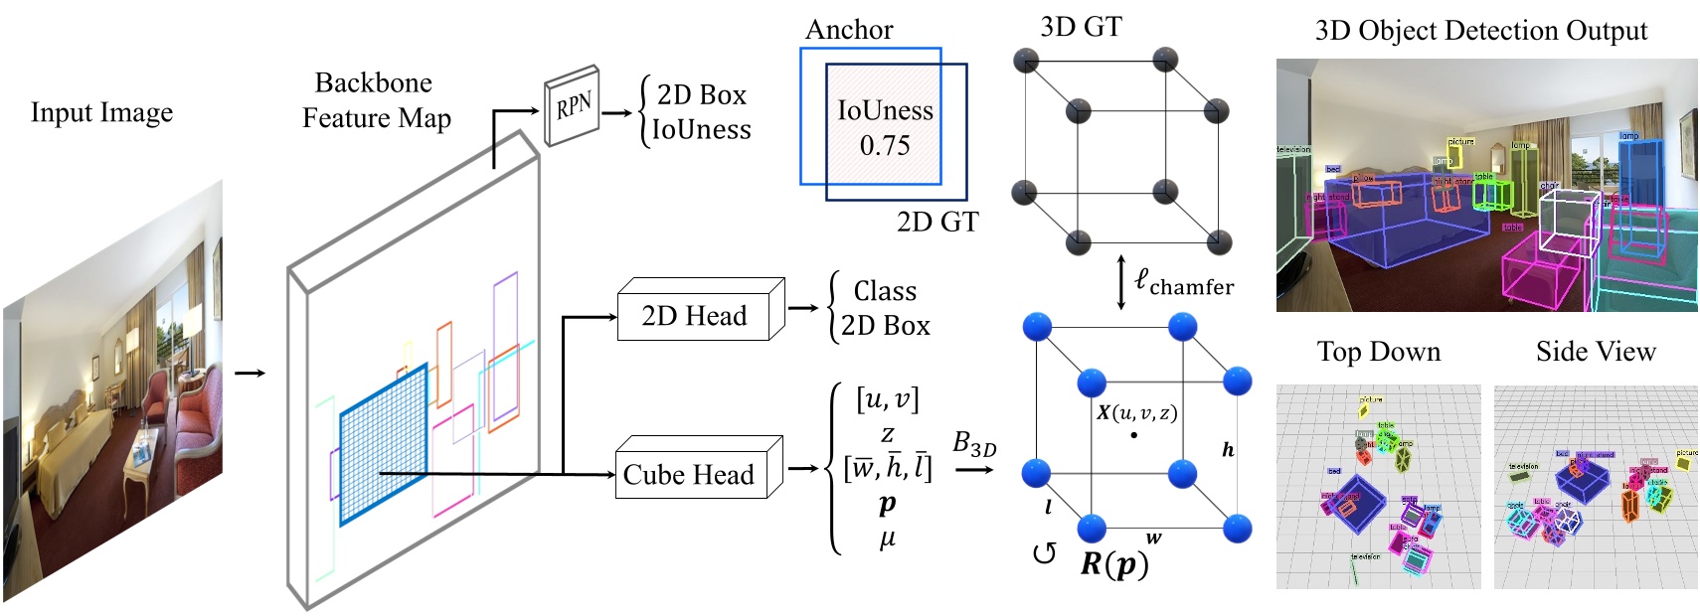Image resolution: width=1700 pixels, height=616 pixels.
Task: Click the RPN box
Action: click(x=573, y=106)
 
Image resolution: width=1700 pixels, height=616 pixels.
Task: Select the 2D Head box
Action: click(x=694, y=316)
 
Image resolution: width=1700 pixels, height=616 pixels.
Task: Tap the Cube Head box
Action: click(x=689, y=474)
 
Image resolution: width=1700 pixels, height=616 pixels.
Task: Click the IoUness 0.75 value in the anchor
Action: click(x=885, y=146)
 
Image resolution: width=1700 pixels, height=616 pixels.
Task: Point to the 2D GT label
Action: click(x=936, y=222)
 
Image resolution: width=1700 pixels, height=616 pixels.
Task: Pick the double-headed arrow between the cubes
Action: click(x=1121, y=282)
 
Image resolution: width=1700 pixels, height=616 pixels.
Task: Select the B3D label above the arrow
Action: click(x=973, y=443)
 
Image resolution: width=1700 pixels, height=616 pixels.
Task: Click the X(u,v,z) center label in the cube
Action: click(x=1136, y=412)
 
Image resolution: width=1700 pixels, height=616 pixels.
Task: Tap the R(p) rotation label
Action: click(x=1113, y=564)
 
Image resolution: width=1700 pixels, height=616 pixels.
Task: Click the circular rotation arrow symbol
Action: click(x=1044, y=553)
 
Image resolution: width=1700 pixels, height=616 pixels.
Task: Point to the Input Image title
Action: click(x=101, y=112)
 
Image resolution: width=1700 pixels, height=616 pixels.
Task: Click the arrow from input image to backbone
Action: click(x=250, y=373)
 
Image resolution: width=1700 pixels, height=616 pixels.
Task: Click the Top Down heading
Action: click(x=1378, y=352)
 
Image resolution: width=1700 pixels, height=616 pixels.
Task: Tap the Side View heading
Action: click(x=1595, y=352)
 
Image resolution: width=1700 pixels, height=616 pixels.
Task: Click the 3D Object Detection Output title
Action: click(x=1480, y=31)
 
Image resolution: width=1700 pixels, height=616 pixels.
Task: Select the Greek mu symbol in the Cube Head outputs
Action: click(x=887, y=539)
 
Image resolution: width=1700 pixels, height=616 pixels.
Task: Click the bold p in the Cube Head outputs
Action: click(x=887, y=504)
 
